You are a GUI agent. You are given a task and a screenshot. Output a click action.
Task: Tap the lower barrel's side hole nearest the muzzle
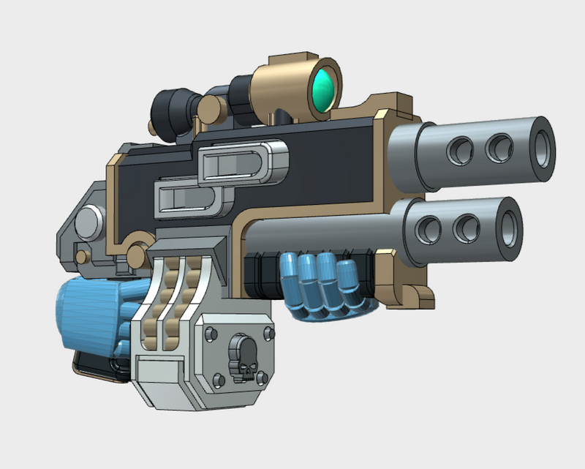pyautogui.click(x=464, y=230)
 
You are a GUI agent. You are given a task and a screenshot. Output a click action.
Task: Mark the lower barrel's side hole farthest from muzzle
pyautogui.click(x=426, y=231)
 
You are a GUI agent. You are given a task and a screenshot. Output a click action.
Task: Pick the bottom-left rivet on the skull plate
pyautogui.click(x=217, y=378)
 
